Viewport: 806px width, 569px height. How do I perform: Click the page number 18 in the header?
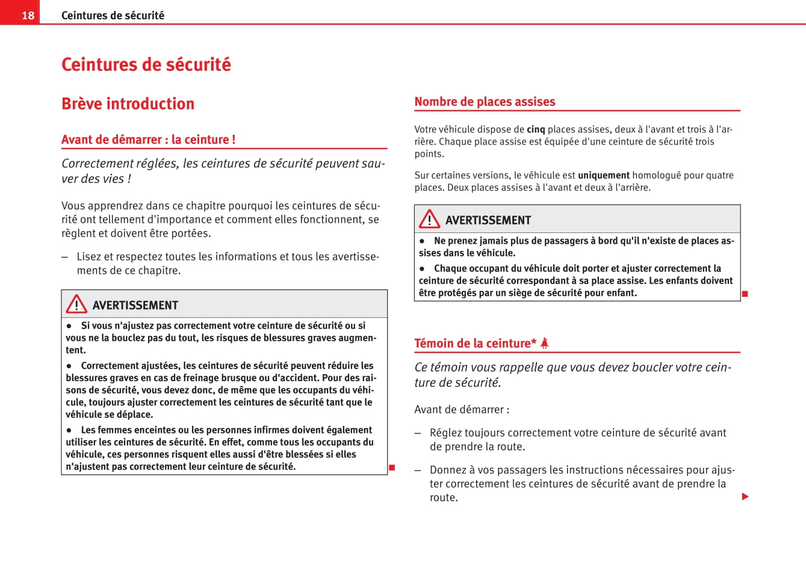(x=28, y=15)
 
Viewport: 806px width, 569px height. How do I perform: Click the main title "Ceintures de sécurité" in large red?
(x=146, y=64)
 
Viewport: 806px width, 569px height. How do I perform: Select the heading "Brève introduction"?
(x=128, y=104)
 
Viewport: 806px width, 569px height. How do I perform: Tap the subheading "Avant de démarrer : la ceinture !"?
(x=148, y=140)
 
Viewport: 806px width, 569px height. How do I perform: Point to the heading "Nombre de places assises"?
(x=485, y=102)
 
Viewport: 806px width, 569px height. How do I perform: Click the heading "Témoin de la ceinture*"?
(x=475, y=343)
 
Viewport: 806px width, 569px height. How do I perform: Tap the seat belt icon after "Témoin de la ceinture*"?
(x=544, y=343)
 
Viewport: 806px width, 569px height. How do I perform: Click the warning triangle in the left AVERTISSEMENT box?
(x=76, y=305)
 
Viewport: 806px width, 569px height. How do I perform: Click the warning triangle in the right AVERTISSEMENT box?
(x=429, y=219)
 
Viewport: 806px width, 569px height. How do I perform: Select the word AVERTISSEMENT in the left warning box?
(x=135, y=305)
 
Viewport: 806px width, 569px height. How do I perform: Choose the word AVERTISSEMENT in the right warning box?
(x=488, y=220)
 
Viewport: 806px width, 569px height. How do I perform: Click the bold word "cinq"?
(x=536, y=129)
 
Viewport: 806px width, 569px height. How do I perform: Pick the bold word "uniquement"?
(x=603, y=175)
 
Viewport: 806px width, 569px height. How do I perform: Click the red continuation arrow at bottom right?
(x=745, y=497)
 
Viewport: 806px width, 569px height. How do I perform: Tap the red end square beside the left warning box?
(x=391, y=468)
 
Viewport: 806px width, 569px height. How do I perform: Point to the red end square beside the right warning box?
(x=745, y=294)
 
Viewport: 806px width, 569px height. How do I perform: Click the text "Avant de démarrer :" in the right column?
(x=462, y=409)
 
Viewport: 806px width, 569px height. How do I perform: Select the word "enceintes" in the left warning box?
(x=154, y=430)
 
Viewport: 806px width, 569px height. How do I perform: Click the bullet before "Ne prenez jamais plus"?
(x=422, y=241)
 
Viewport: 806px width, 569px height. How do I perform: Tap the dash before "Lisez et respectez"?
(x=65, y=257)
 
